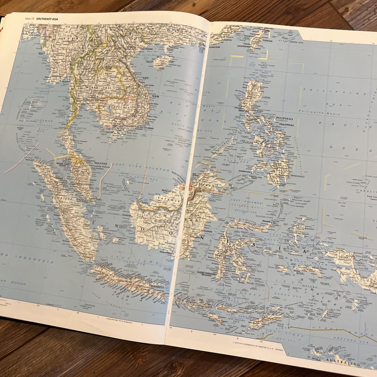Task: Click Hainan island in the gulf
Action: pos(162,62)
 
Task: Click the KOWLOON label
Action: pos(218,45)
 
